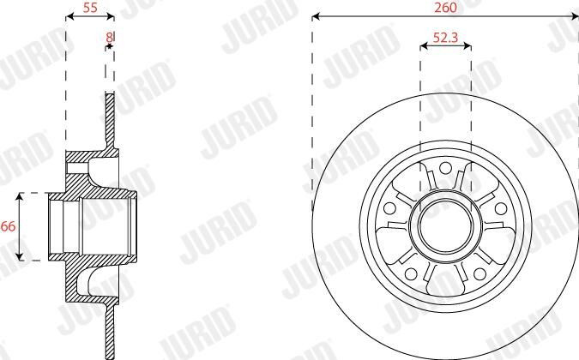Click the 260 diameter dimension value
(445, 8)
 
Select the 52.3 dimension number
(445, 37)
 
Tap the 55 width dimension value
(90, 8)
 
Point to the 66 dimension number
(8, 226)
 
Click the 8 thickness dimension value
(109, 37)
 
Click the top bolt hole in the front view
(446, 168)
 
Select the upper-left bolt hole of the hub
(389, 208)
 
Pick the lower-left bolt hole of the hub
(411, 274)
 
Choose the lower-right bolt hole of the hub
(479, 274)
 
